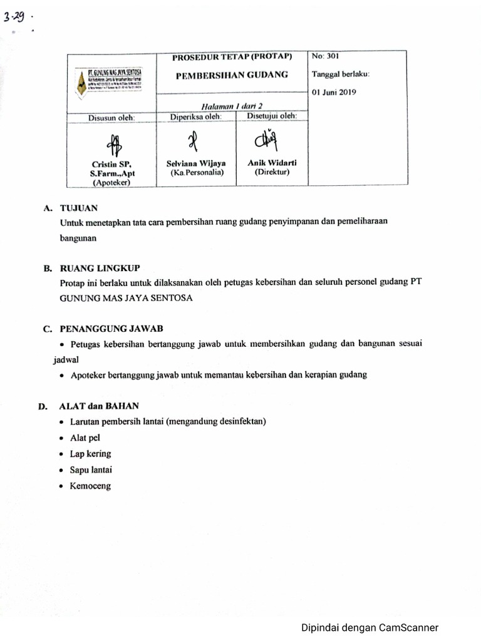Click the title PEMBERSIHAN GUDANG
(x=232, y=74)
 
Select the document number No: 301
(x=325, y=56)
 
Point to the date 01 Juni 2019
(x=334, y=93)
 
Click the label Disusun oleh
(x=113, y=117)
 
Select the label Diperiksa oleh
(x=196, y=116)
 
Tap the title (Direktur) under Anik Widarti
(x=272, y=172)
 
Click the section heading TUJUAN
(x=78, y=208)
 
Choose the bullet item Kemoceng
(x=90, y=486)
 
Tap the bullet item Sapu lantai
(x=91, y=469)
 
